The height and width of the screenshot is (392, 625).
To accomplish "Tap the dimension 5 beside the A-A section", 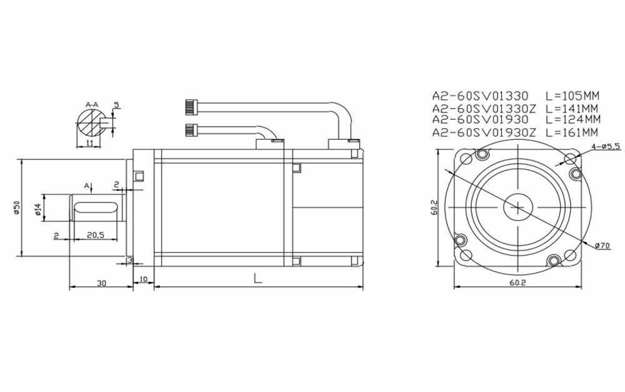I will pyautogui.click(x=116, y=105).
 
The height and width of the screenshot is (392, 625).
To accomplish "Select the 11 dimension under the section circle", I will pyautogui.click(x=90, y=143).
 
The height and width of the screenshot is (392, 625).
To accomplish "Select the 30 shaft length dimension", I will pyautogui.click(x=101, y=283).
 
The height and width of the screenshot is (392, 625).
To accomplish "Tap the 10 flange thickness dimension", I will pyautogui.click(x=143, y=279).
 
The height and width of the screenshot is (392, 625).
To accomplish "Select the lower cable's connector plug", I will pyautogui.click(x=192, y=130).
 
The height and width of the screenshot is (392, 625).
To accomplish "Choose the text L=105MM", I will pyautogui.click(x=572, y=96).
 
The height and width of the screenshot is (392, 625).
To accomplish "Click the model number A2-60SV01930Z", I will pyautogui.click(x=484, y=132).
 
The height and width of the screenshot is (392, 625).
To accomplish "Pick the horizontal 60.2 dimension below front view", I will pyautogui.click(x=517, y=283).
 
